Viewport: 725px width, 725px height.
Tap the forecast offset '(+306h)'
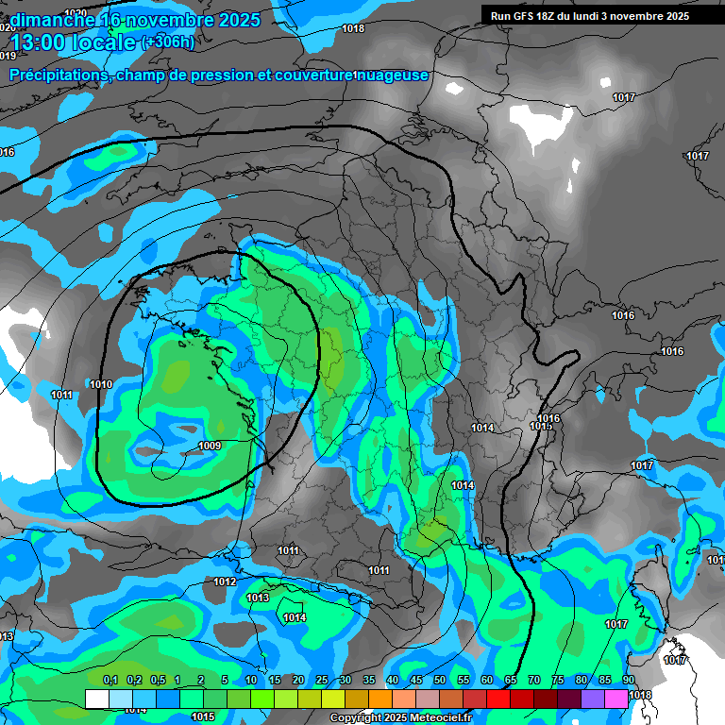tap(168, 42)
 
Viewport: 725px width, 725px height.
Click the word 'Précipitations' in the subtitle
tap(57, 75)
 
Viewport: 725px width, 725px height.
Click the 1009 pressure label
tap(211, 446)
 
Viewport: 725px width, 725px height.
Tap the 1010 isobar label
tap(101, 384)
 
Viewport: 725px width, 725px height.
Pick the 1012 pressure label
tap(225, 582)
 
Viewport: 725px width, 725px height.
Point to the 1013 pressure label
tap(258, 598)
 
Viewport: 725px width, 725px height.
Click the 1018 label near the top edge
tap(353, 28)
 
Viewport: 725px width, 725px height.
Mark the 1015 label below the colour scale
tap(202, 717)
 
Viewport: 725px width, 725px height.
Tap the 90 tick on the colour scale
tap(628, 680)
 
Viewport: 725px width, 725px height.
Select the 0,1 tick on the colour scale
tap(110, 680)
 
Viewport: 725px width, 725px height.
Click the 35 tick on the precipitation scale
tap(369, 680)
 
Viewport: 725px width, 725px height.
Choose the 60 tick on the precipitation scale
tap(487, 680)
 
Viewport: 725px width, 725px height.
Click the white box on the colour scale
tap(96, 699)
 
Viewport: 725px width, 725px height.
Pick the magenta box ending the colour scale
tap(616, 699)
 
